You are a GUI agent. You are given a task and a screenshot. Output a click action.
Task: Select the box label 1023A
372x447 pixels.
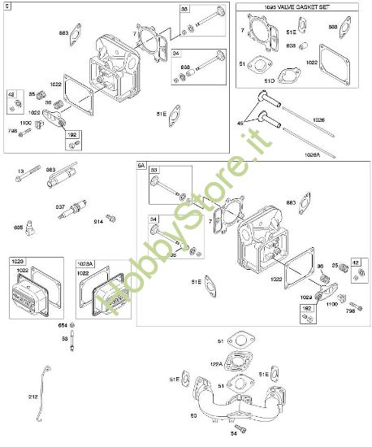pyautogui.click(x=88, y=263)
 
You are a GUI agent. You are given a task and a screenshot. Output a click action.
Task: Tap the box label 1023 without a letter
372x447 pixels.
pyautogui.click(x=19, y=261)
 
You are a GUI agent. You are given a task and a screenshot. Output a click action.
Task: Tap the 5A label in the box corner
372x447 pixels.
pyautogui.click(x=141, y=165)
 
